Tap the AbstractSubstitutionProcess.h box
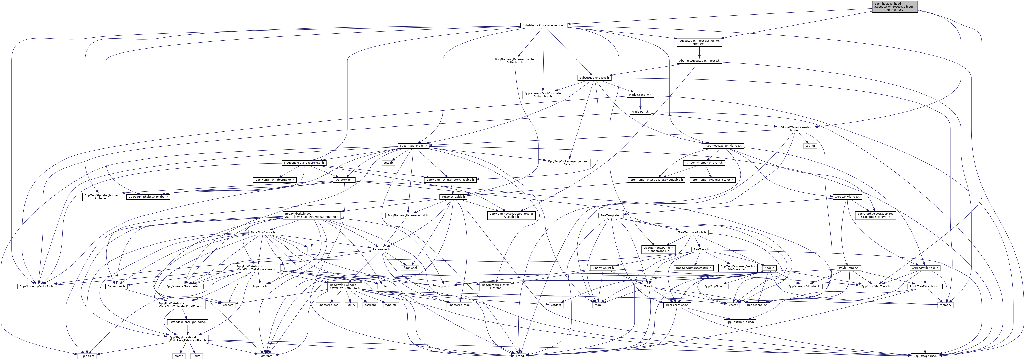click(x=699, y=61)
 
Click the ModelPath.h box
click(x=640, y=112)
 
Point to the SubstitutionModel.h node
click(x=413, y=146)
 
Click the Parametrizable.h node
click(x=453, y=197)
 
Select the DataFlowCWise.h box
click(x=263, y=232)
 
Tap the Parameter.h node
click(x=381, y=249)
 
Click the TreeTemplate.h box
click(x=611, y=215)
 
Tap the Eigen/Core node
click(x=86, y=356)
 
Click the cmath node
click(x=179, y=356)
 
